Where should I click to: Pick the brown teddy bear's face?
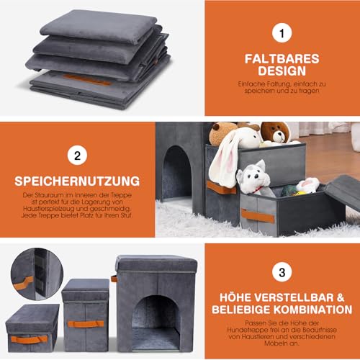click(274, 131)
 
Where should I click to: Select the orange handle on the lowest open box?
click(258, 215)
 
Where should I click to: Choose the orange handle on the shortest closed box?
click(30, 338)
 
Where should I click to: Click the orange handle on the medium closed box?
click(85, 323)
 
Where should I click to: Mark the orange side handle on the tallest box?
click(114, 279)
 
